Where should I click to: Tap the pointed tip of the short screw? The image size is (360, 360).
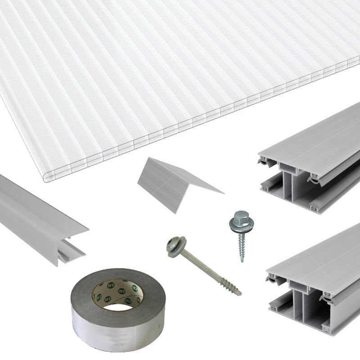pyautogui.click(x=242, y=261)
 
